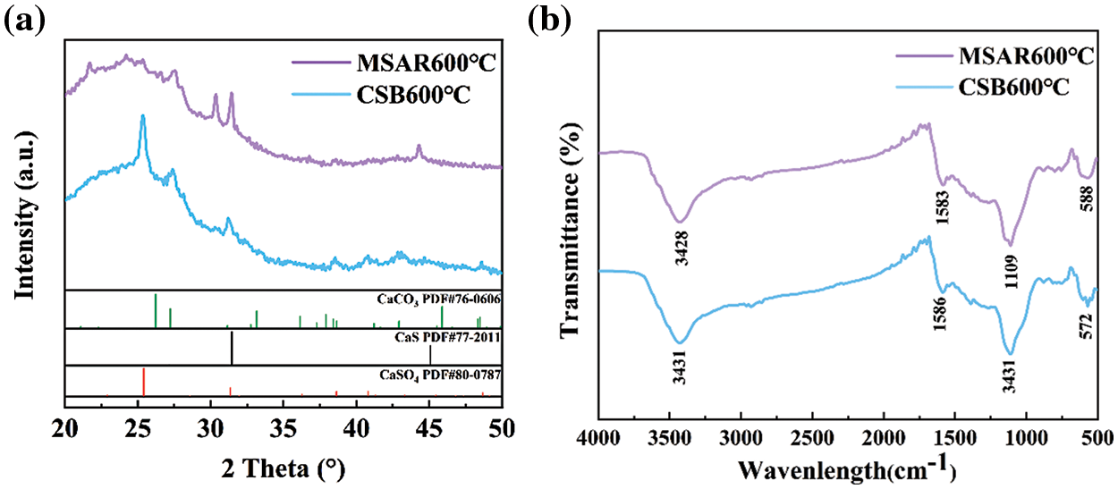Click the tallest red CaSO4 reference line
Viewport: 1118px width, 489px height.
(143, 382)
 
